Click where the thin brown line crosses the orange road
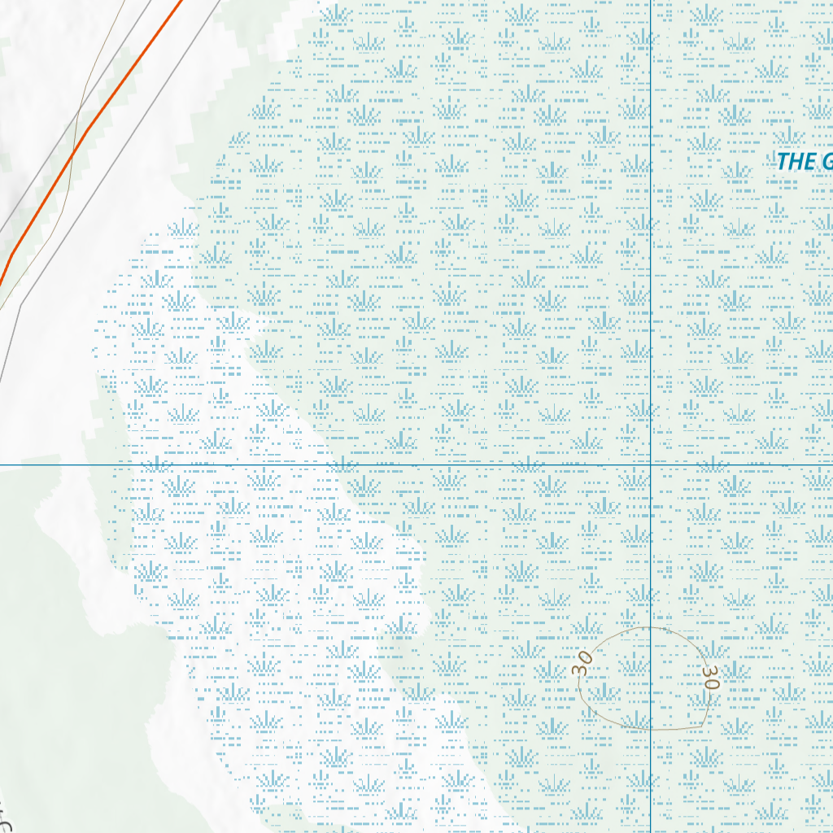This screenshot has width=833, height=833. (72, 152)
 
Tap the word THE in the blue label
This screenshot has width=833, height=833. (792, 161)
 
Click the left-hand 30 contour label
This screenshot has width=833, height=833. (582, 663)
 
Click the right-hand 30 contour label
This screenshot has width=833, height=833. (711, 678)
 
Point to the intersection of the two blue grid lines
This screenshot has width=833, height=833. (651, 465)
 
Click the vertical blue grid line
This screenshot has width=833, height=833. (651, 244)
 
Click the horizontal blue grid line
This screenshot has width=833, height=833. (325, 465)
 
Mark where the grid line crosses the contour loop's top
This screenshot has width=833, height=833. (651, 627)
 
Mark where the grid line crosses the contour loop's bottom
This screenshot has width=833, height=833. (651, 730)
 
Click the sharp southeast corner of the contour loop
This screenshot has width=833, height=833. (704, 726)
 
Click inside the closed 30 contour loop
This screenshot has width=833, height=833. (643, 679)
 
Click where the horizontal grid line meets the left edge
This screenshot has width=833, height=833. (2, 465)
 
